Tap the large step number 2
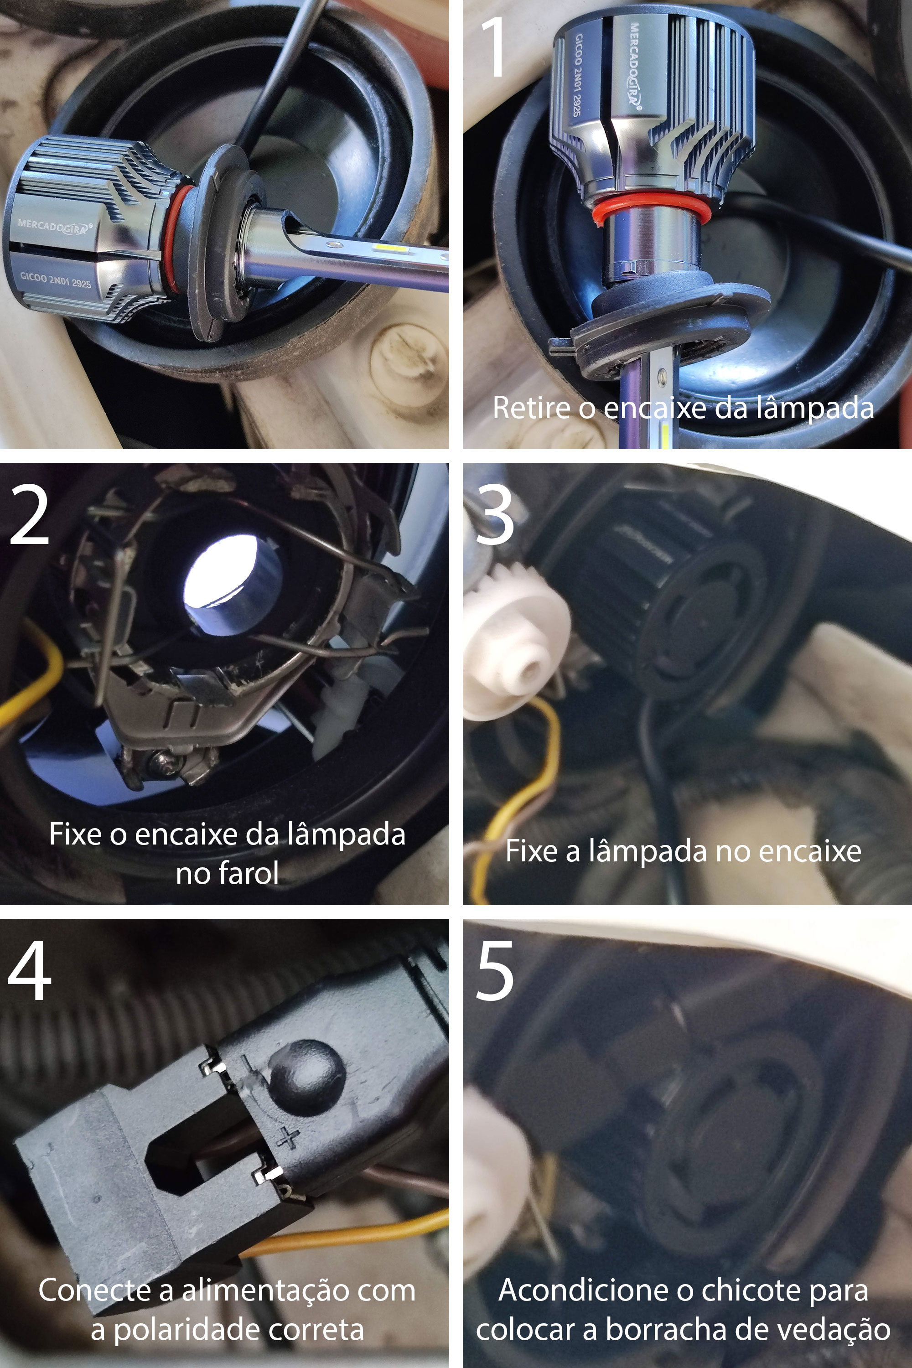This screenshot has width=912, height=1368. pos(29,515)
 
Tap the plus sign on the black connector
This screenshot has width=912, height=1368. pos(287,1136)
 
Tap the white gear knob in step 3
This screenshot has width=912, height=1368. pos(515,640)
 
